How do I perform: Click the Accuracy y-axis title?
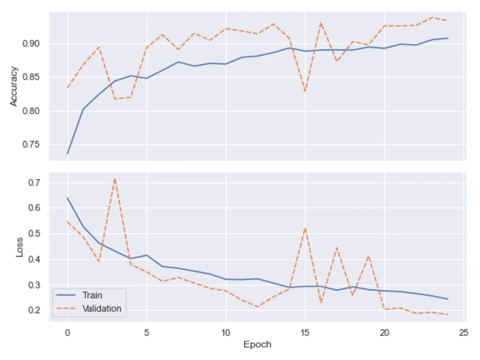pyautogui.click(x=14, y=86)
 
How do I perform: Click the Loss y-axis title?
pyautogui.click(x=19, y=247)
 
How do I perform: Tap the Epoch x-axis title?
pyautogui.click(x=257, y=345)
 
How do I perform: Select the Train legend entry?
pyautogui.click(x=92, y=295)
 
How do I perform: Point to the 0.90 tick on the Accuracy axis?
pyautogui.click(x=31, y=44)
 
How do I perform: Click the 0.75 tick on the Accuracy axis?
pyautogui.click(x=31, y=144)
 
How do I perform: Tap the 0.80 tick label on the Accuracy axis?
pyautogui.click(x=31, y=111)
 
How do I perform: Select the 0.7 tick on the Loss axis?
pyautogui.click(x=34, y=183)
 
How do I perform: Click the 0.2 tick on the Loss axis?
pyautogui.click(x=34, y=311)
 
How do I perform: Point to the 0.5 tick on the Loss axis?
pyautogui.click(x=34, y=234)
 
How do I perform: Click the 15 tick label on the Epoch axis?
pyautogui.click(x=305, y=333)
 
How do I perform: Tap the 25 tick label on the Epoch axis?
pyautogui.click(x=464, y=333)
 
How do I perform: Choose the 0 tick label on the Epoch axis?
pyautogui.click(x=67, y=333)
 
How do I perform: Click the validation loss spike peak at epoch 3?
pyautogui.click(x=115, y=179)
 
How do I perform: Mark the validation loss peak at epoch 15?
pyautogui.click(x=305, y=228)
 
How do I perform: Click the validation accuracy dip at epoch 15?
pyautogui.click(x=305, y=91)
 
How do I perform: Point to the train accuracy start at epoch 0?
pyautogui.click(x=67, y=154)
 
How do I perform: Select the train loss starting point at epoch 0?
pyautogui.click(x=67, y=198)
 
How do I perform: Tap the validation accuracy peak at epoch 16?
pyautogui.click(x=321, y=23)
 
